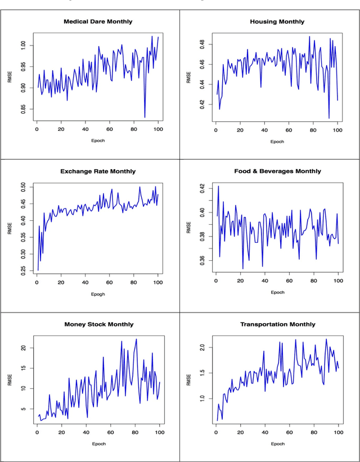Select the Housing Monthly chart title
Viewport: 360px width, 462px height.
277,21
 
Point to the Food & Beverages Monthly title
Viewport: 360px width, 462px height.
277,171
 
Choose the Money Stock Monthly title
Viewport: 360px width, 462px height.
98,324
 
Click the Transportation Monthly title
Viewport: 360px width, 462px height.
277,324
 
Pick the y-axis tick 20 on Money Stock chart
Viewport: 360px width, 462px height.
24,348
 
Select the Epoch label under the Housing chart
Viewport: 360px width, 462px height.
277,142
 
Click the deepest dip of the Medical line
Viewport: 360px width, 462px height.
145,117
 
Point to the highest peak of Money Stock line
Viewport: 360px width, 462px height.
136,339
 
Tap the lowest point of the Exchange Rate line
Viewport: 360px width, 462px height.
38,270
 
